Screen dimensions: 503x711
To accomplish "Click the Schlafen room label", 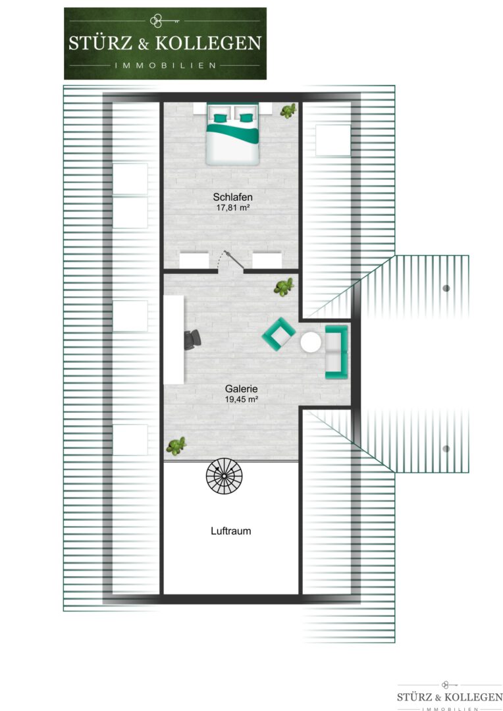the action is (232, 197).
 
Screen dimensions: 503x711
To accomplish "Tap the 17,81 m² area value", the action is (233, 208).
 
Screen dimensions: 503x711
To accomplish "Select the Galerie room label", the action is (241, 388).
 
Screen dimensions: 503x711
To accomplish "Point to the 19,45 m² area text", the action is (241, 400).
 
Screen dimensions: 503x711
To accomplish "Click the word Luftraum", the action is (231, 531).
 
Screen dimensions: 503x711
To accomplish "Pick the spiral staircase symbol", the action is (224, 476).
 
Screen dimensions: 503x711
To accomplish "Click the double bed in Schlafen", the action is (232, 134).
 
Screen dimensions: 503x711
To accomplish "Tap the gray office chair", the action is (192, 340).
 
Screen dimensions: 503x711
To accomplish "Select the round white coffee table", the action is (311, 342).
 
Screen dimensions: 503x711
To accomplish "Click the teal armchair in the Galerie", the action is (279, 334).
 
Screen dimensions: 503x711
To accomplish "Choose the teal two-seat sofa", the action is (336, 352).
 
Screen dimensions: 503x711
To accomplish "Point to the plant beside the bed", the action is (288, 111).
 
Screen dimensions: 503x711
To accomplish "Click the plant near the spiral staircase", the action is (176, 446).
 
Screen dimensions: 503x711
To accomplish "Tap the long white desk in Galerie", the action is (174, 340).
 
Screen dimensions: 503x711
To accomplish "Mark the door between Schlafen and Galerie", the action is (231, 261).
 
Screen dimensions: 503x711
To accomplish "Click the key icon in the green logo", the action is (164, 21).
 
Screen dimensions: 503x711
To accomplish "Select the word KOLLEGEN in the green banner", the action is (208, 43).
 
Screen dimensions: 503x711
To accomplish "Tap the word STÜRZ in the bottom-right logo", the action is (415, 697).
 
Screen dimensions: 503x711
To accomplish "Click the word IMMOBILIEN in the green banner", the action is (165, 65).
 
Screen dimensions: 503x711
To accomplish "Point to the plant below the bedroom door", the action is (284, 287).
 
